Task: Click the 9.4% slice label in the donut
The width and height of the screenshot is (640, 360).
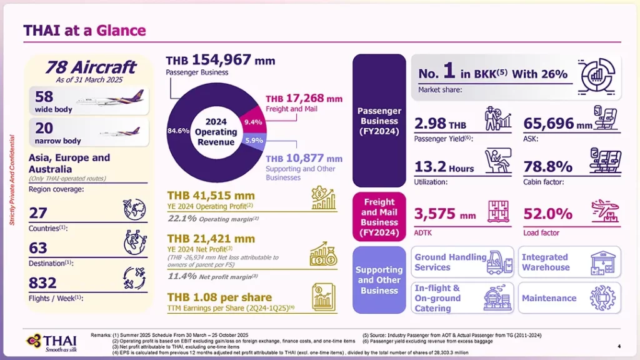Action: (x=252, y=122)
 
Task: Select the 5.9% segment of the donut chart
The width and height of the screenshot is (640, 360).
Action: (x=254, y=141)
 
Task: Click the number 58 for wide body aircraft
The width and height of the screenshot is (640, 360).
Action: (x=44, y=97)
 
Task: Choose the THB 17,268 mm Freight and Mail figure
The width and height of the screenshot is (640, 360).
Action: (x=304, y=99)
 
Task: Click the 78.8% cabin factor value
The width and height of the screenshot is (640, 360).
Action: (x=547, y=166)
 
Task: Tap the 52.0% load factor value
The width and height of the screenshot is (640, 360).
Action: (x=547, y=214)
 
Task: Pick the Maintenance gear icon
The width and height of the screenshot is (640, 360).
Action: (x=602, y=298)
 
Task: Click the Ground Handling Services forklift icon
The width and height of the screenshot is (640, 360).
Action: (x=499, y=262)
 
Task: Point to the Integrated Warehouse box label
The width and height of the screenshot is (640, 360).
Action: (x=545, y=262)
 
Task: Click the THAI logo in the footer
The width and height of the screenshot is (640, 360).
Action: (x=51, y=342)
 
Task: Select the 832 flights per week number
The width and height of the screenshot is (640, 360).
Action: (x=43, y=283)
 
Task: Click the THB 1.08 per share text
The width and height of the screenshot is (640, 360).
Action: (x=219, y=297)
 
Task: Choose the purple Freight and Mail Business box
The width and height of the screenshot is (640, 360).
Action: (x=379, y=217)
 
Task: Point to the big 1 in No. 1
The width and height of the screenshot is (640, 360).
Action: (x=449, y=72)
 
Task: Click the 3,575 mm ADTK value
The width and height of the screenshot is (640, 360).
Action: (x=444, y=214)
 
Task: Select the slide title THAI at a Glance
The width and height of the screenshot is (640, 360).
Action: (x=84, y=30)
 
